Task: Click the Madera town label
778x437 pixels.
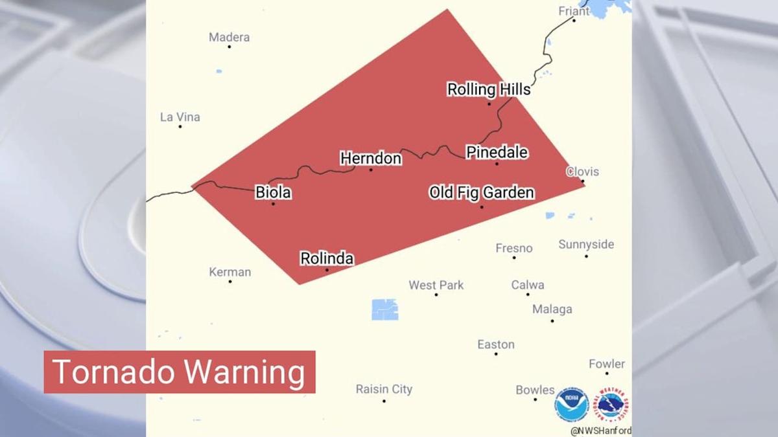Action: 229,38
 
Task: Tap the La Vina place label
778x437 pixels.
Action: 180,117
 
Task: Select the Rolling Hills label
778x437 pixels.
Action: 489,89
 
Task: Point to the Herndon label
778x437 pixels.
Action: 371,159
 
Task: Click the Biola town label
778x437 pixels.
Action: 273,192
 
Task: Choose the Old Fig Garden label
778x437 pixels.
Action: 482,192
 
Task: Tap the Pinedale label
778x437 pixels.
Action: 497,153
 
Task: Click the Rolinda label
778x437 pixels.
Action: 327,259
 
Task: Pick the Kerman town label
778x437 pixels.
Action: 230,272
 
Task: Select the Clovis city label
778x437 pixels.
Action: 582,172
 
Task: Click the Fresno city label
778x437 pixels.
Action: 514,248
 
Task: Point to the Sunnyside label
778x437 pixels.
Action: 586,245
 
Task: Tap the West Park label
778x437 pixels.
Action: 436,285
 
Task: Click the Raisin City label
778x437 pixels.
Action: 384,389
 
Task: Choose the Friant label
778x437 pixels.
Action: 574,11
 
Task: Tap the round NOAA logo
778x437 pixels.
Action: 571,405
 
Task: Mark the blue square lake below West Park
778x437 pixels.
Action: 385,309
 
